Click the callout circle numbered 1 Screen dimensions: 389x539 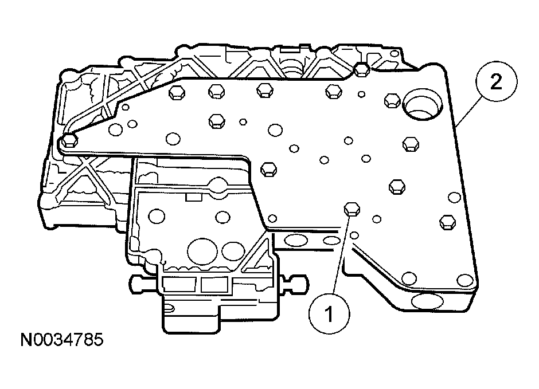coord(329,313)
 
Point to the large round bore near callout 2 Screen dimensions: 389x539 coord(424,105)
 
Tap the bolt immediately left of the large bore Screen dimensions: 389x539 coord(390,100)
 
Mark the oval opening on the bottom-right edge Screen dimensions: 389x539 coord(427,302)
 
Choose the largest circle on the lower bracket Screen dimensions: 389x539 coord(201,250)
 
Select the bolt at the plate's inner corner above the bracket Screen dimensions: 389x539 coord(268,168)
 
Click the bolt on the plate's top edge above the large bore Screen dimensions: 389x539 coord(361,69)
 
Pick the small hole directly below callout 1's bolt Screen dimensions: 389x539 coord(355,235)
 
